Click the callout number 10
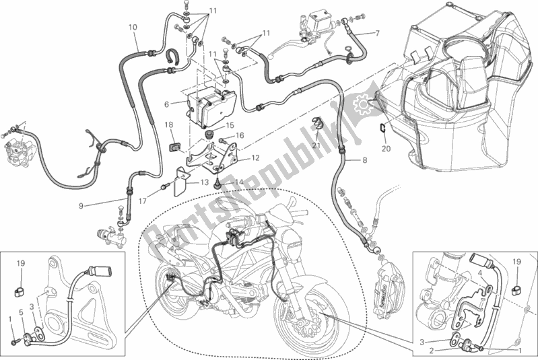coord(132,28)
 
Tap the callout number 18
coord(169,125)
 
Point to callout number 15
coord(230,125)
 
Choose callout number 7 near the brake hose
coord(377,33)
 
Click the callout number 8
coord(364,160)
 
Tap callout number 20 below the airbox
coord(385,149)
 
